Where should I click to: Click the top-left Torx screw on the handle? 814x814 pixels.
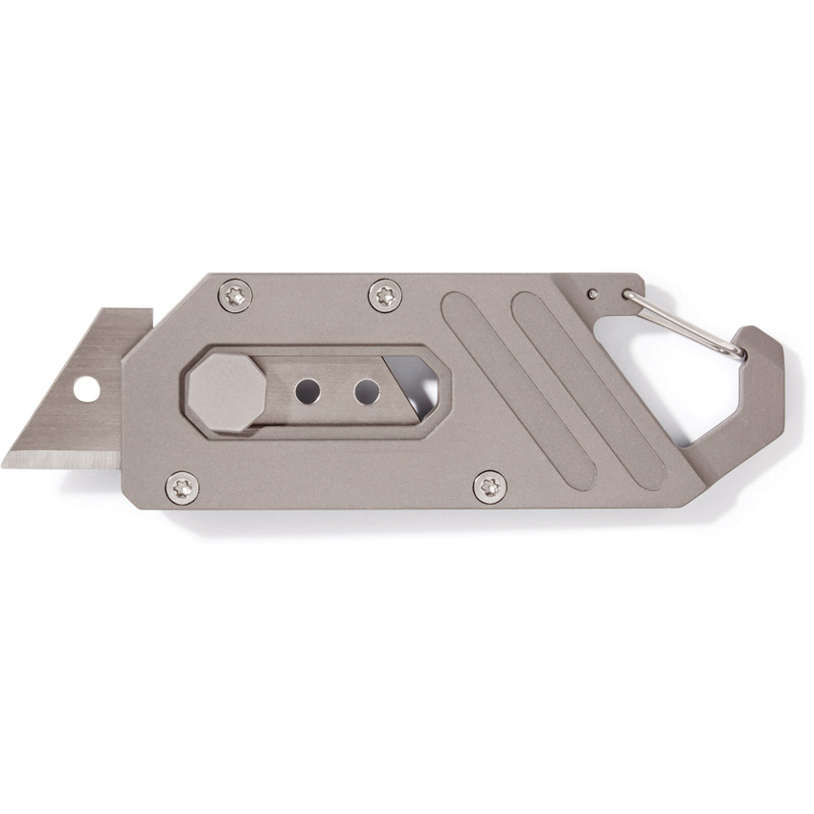click(x=235, y=294)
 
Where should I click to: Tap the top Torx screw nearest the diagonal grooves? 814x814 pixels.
click(x=385, y=294)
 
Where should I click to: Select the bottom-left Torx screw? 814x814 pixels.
click(x=182, y=487)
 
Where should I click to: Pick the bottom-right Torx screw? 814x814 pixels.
click(x=490, y=486)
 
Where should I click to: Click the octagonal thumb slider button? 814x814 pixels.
click(x=226, y=392)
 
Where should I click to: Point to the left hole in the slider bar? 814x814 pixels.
click(x=307, y=391)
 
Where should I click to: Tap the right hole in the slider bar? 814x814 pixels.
click(x=367, y=391)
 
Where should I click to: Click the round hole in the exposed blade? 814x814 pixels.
click(x=86, y=389)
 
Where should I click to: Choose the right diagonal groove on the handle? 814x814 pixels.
click(x=588, y=389)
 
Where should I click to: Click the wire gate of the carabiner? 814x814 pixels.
click(x=685, y=325)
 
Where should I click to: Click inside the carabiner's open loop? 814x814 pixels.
click(x=670, y=383)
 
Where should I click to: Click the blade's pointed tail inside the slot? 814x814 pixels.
click(x=421, y=407)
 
